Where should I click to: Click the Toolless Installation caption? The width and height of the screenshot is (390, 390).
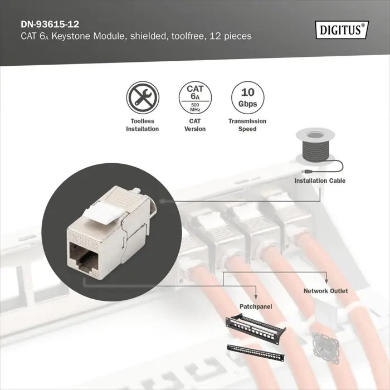tap(142, 125)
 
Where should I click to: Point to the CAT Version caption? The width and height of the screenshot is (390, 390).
tap(195, 125)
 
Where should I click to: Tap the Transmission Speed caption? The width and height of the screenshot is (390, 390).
tap(247, 125)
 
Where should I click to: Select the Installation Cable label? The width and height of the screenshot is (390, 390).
tap(320, 181)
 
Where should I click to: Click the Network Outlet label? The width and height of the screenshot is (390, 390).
tap(325, 291)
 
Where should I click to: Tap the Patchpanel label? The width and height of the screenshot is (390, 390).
tap(255, 307)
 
